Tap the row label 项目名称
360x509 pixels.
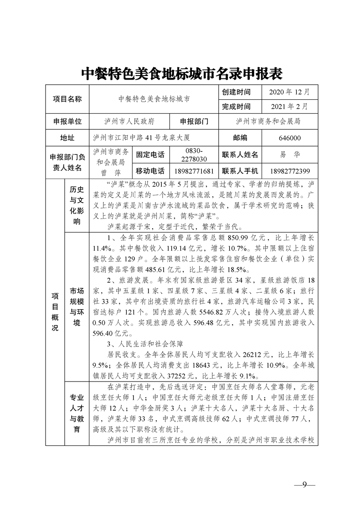click(x=67, y=98)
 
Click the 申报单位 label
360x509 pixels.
click(x=67, y=122)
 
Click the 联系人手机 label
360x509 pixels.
click(x=240, y=171)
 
